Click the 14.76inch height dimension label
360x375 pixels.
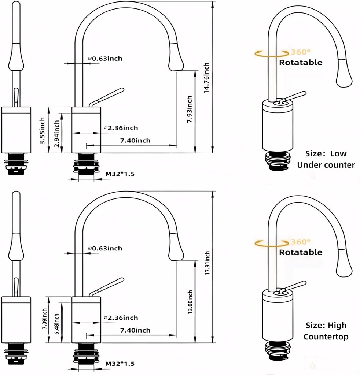coord(206,78)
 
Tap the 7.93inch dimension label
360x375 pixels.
coord(190,109)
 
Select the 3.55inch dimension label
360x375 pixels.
coord(43,130)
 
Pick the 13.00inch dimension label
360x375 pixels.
coord(190,302)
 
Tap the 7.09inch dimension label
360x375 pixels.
coord(44,319)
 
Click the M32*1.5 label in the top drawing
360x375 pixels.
coord(120,174)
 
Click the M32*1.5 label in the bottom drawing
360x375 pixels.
coord(120,364)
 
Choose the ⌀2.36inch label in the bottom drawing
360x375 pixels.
coord(121,318)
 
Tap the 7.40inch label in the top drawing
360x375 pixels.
coord(135,140)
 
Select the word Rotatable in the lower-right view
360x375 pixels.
coord(301,252)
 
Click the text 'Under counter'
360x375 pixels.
coord(326,165)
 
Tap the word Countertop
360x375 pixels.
coord(326,337)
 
